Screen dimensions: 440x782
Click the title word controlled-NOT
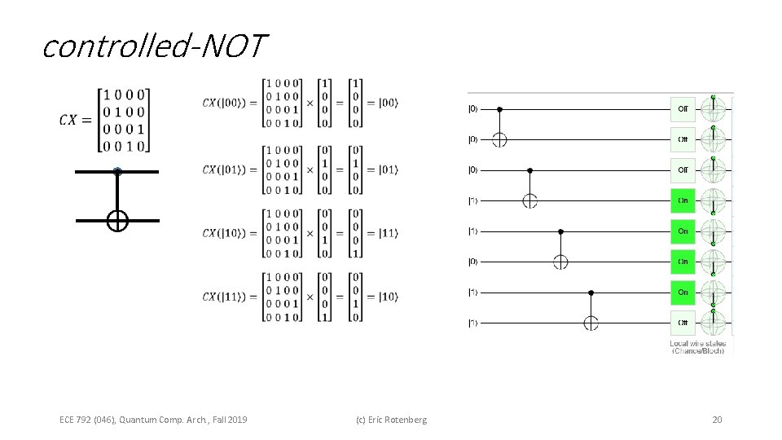(153, 46)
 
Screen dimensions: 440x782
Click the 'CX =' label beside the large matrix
(76, 120)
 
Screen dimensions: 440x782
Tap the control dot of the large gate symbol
(117, 172)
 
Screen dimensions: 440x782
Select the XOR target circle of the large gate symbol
(117, 220)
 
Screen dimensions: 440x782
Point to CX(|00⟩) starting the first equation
(229, 103)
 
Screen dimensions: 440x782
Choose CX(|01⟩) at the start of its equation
(229, 169)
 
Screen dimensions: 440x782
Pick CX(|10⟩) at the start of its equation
(229, 233)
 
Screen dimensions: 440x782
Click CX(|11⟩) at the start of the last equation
(229, 297)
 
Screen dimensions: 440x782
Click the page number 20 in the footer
(717, 420)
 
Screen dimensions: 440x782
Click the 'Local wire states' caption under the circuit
(698, 344)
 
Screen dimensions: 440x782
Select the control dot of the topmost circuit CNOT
(499, 108)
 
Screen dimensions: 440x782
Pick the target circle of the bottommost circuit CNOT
(591, 323)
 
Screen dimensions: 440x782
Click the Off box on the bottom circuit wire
(683, 323)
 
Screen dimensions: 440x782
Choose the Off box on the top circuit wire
(683, 108)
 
